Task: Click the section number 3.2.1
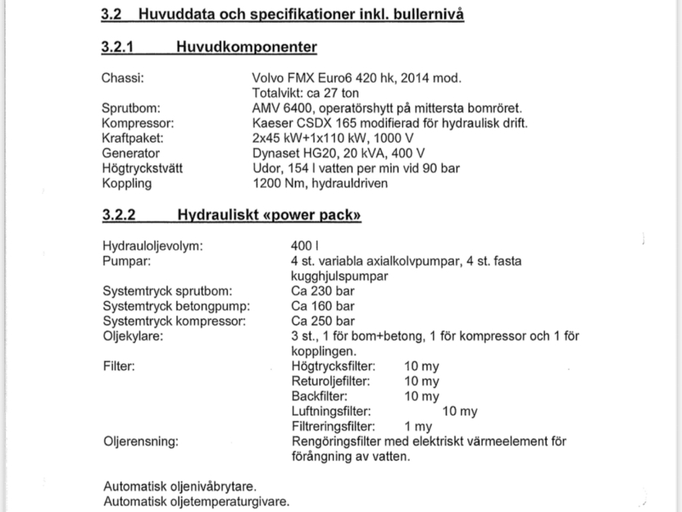tap(117, 47)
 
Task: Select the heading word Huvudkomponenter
tap(246, 47)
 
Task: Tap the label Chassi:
tap(123, 78)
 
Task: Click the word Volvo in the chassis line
tap(267, 78)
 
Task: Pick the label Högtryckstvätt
tap(142, 168)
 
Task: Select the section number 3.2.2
tap(118, 215)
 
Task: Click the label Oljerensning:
tap(140, 441)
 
